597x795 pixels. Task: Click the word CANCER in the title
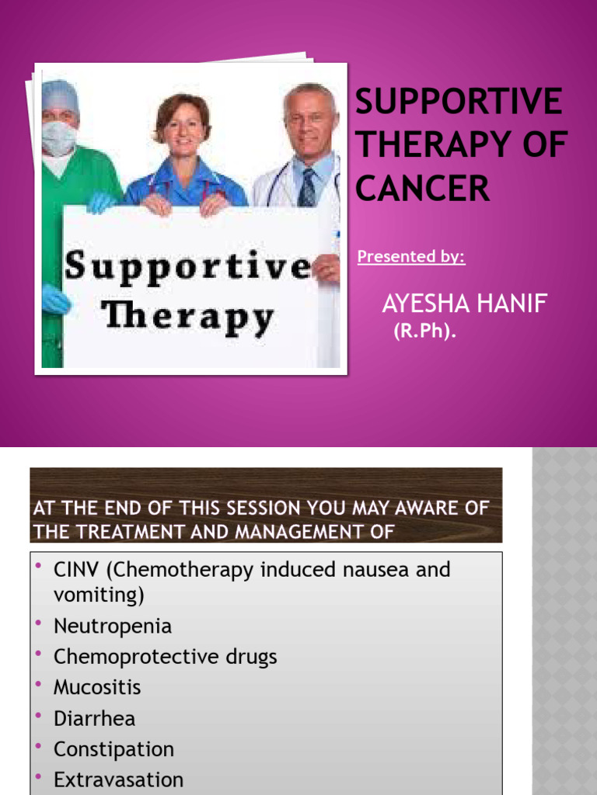[x=424, y=189]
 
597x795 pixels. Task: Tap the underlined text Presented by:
[x=411, y=257]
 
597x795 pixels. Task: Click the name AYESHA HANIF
[x=464, y=304]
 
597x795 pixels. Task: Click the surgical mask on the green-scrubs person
[x=59, y=137]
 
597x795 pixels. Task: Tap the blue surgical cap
[x=61, y=96]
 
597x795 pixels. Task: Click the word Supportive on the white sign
[x=187, y=267]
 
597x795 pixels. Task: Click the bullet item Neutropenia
[x=113, y=626]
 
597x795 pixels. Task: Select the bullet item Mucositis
[x=97, y=687]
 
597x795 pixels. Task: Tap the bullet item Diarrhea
[x=94, y=718]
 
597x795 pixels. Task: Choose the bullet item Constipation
[x=113, y=749]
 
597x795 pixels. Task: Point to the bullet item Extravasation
[x=118, y=779]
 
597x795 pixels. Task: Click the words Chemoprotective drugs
[x=165, y=657]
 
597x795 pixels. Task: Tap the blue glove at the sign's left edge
[x=55, y=298]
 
